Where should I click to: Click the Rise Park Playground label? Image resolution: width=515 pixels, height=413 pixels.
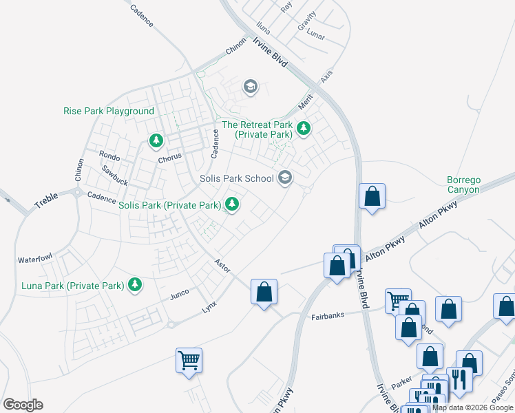[109, 111]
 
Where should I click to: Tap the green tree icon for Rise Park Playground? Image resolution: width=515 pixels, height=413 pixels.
[156, 141]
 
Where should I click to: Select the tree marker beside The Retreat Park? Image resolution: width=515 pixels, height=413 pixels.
[303, 127]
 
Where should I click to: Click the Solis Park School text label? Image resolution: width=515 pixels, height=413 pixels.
[237, 178]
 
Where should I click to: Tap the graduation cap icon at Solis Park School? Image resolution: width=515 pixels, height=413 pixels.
[284, 178]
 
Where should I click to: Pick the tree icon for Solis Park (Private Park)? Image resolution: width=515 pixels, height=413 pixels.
[232, 204]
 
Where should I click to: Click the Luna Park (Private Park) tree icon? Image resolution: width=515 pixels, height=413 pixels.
[135, 284]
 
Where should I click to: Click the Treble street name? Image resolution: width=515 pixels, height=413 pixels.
[45, 201]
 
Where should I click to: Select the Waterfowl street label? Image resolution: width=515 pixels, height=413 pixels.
[36, 260]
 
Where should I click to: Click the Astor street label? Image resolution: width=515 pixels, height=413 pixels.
[222, 265]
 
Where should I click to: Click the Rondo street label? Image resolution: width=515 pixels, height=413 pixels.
[109, 156]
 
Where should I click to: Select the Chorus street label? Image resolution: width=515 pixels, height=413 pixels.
[169, 157]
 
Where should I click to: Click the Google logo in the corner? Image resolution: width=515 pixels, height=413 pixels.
[23, 404]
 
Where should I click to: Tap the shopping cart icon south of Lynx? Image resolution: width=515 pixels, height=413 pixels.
[189, 360]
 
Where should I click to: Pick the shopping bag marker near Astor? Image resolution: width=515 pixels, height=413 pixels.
[264, 293]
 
